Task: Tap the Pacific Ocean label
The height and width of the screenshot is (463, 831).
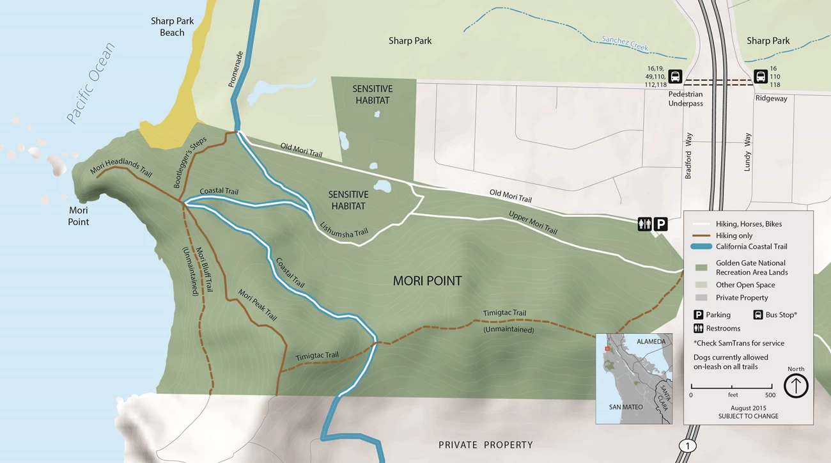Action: point(91,83)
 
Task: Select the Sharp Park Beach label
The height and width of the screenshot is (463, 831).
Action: point(172,27)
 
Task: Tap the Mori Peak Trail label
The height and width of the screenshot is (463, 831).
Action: point(258,305)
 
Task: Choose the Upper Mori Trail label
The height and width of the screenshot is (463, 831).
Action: point(532,222)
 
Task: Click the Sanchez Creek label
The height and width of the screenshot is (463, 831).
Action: point(625,43)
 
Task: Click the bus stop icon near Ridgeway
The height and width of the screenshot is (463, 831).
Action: point(761,77)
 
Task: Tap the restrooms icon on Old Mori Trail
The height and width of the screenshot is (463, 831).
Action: point(644,224)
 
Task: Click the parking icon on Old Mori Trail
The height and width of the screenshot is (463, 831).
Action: point(661,224)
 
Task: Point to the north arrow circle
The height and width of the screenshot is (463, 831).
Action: point(796,386)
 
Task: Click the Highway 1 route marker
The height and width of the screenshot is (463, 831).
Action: point(687,446)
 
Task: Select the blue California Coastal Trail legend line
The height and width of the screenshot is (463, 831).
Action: point(701,247)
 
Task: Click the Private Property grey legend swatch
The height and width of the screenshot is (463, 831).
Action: point(701,297)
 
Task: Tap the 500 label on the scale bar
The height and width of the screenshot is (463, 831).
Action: point(770,395)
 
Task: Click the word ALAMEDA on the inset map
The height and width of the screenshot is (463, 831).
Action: point(651,342)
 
